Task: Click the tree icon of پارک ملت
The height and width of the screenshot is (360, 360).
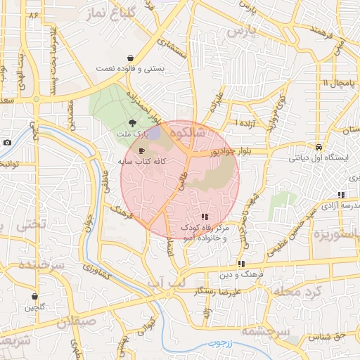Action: pyautogui.click(x=133, y=123)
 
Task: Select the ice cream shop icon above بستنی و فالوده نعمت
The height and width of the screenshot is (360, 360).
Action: pyautogui.click(x=131, y=58)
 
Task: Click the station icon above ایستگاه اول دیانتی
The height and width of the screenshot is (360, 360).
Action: pyautogui.click(x=319, y=148)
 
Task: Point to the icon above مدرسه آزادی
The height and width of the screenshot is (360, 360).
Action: pyautogui.click(x=341, y=195)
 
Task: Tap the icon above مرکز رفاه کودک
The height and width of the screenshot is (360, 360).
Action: pyautogui.click(x=205, y=217)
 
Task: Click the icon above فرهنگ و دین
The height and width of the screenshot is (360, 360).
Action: pyautogui.click(x=241, y=264)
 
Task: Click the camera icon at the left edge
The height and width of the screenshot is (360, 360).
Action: pyautogui.click(x=7, y=142)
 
